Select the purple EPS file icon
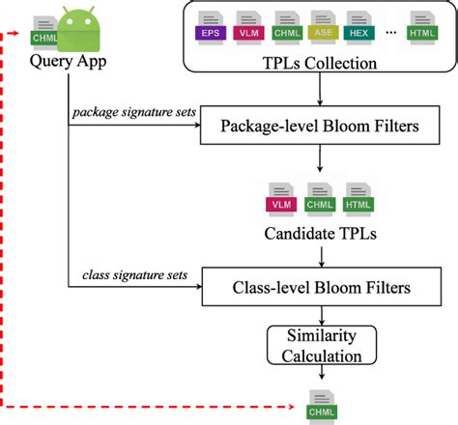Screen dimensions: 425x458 [x=209, y=27]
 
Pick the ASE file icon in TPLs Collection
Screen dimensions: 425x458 [x=325, y=27]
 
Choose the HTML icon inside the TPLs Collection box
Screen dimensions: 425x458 [x=423, y=27]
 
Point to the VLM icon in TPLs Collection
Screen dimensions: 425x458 [x=247, y=27]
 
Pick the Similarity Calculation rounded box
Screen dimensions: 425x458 [x=320, y=345]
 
